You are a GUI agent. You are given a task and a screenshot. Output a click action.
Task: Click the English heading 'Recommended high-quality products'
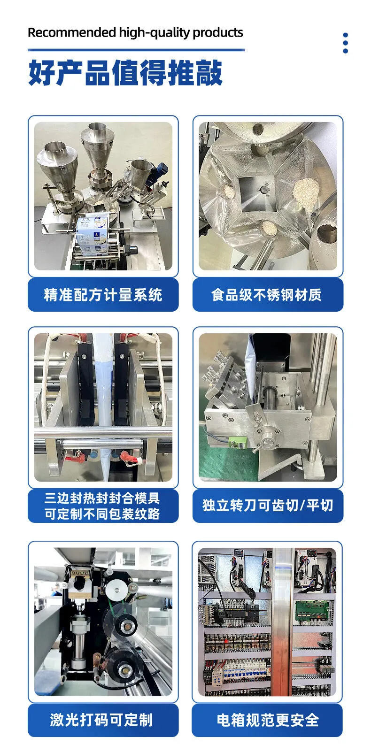point(135,32)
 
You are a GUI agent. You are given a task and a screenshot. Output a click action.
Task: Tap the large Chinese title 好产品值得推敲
point(125,73)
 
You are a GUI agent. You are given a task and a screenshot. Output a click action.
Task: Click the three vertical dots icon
point(346,43)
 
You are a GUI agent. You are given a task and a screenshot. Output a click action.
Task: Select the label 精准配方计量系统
point(103,295)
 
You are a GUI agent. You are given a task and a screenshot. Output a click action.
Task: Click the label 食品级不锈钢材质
point(267,295)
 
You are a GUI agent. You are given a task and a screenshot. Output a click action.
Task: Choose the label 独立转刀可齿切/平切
point(267,506)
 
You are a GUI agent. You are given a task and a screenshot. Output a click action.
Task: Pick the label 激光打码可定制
point(103,720)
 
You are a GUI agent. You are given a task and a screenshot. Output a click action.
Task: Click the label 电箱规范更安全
point(267,720)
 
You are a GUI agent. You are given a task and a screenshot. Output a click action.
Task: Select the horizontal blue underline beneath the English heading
point(136,49)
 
